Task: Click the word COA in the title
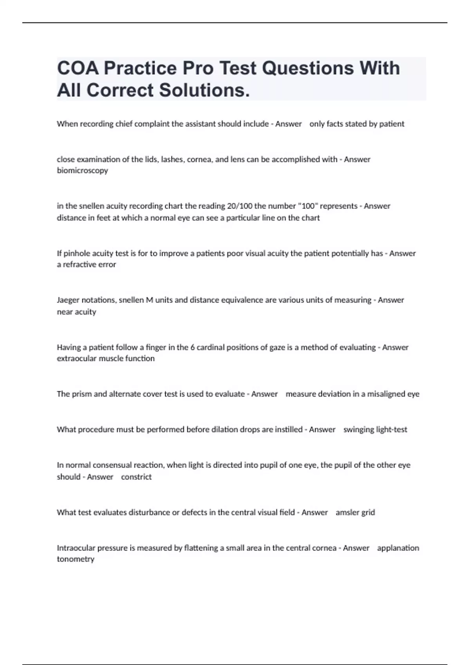[x=78, y=68]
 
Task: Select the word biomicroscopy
[x=82, y=171]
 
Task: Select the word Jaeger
[x=69, y=300]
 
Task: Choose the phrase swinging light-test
[x=375, y=430]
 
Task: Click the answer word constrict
[x=136, y=477]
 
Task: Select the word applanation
[x=398, y=548]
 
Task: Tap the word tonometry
[x=76, y=559]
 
